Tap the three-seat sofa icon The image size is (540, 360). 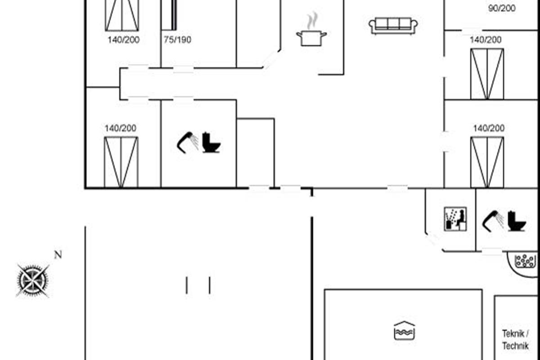393,26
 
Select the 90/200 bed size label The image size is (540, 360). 502,8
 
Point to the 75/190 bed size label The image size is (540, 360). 177,40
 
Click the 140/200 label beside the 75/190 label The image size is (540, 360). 123,40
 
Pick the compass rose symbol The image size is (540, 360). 32,280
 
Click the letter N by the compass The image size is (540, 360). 58,255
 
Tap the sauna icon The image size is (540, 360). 455,219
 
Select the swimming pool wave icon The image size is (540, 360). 404,331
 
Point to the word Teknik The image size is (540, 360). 513,334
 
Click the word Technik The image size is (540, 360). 515,346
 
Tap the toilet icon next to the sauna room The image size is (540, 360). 517,221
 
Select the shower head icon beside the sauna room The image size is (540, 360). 493,220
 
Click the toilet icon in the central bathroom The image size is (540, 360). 211,142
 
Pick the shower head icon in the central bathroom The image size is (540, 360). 188,142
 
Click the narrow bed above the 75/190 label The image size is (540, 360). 169,15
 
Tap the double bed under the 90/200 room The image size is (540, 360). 487,74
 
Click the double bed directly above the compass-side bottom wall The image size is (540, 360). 121,162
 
